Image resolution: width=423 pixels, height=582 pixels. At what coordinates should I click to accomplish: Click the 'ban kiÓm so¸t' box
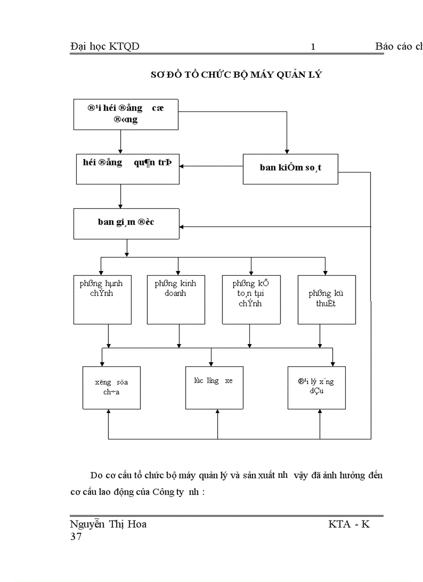(290, 168)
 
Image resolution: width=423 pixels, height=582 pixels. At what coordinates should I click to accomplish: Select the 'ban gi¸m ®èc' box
(126, 223)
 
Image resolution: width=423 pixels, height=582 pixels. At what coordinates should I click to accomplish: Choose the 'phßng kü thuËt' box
(326, 300)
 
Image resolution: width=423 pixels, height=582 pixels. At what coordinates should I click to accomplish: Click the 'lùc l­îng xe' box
(215, 388)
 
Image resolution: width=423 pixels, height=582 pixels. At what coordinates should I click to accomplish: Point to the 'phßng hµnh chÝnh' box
(102, 300)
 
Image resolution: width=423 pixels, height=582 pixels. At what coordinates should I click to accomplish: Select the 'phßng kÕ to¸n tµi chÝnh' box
(251, 300)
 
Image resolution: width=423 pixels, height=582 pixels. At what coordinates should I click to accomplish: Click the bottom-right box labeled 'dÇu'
(316, 388)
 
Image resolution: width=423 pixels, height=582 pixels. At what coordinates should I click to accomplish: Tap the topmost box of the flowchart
(126, 114)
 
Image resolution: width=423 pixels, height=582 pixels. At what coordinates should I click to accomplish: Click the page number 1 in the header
(313, 47)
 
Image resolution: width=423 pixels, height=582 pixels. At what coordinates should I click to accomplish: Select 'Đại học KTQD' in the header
(105, 47)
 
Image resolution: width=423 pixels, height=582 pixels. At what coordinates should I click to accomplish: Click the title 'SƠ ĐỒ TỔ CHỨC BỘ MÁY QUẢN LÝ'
(236, 75)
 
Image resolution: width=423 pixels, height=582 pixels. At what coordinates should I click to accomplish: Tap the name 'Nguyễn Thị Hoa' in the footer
(108, 524)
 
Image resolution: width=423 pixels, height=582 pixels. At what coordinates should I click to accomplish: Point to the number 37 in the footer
(76, 537)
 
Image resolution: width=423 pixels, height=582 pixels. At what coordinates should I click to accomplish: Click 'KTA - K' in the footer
(349, 524)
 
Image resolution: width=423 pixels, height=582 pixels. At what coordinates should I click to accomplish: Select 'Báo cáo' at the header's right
(393, 47)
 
